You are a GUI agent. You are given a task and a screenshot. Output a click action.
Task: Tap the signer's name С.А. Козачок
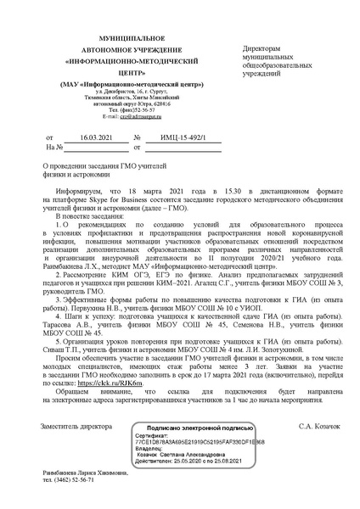pyautogui.click(x=319, y=424)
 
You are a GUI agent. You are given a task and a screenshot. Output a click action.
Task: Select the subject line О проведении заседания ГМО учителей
pyautogui.click(x=94, y=166)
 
